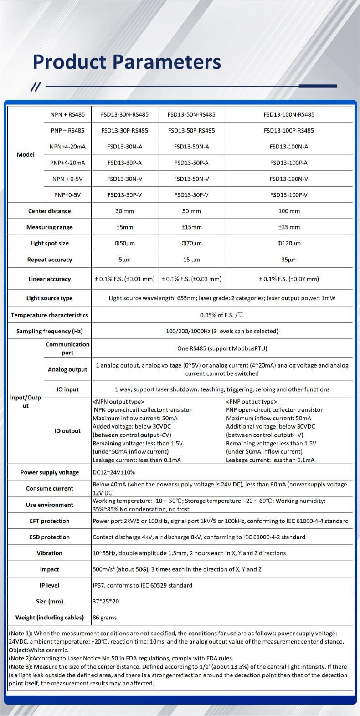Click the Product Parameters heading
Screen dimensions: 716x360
127,62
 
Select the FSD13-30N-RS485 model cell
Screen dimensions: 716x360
124,114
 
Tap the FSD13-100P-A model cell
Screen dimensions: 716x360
288,163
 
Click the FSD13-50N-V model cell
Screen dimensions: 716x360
191,179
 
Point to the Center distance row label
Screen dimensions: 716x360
49,211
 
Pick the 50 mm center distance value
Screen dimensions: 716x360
191,211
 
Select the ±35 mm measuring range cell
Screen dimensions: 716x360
289,227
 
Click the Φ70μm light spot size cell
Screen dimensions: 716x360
191,243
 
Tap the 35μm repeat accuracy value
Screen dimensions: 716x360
289,260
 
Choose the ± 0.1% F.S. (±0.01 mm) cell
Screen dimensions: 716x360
124,279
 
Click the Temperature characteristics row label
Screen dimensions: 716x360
49,315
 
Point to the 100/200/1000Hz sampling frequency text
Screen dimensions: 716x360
222,331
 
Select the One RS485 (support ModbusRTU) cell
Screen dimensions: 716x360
222,348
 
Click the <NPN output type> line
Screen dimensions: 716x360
118,402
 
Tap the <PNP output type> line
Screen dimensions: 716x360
251,402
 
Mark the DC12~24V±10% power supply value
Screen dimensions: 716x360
113,472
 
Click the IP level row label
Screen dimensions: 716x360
49,585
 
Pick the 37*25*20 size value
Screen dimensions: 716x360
106,602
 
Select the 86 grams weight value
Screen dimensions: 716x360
104,618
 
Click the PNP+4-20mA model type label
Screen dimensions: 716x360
67,163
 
